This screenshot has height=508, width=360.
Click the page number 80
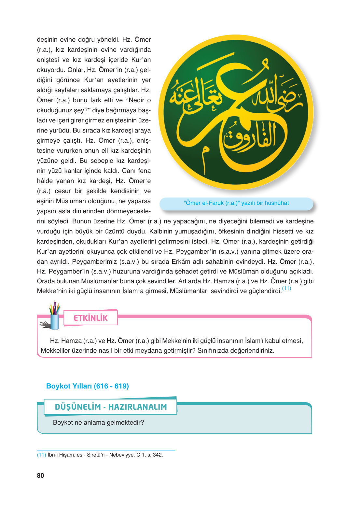40,475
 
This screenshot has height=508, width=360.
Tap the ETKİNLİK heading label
90,318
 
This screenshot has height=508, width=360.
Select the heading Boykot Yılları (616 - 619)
88,386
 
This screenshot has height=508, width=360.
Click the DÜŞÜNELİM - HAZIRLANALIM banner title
111,407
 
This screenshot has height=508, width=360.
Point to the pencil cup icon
54,317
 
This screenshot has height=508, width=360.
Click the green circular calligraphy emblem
236,112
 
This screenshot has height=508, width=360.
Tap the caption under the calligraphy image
236,203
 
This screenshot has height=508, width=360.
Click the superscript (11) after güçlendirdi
286,289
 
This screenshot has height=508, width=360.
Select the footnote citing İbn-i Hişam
100,455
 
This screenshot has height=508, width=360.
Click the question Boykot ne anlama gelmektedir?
98,423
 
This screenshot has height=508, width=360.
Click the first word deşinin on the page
47,40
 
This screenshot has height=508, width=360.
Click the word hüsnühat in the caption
277,203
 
